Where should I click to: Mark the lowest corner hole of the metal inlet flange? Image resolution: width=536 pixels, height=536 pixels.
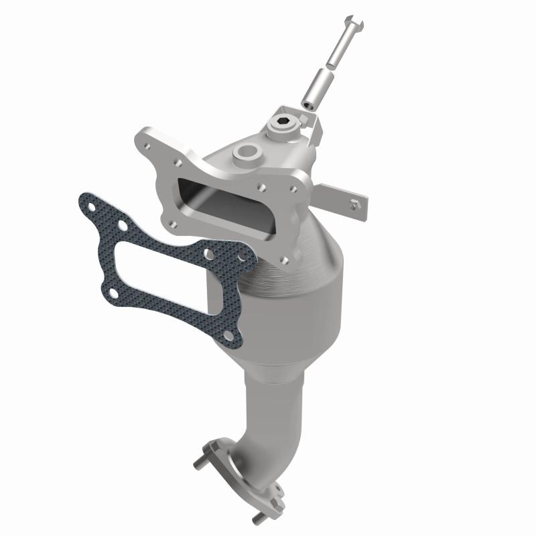coord(286,257)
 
